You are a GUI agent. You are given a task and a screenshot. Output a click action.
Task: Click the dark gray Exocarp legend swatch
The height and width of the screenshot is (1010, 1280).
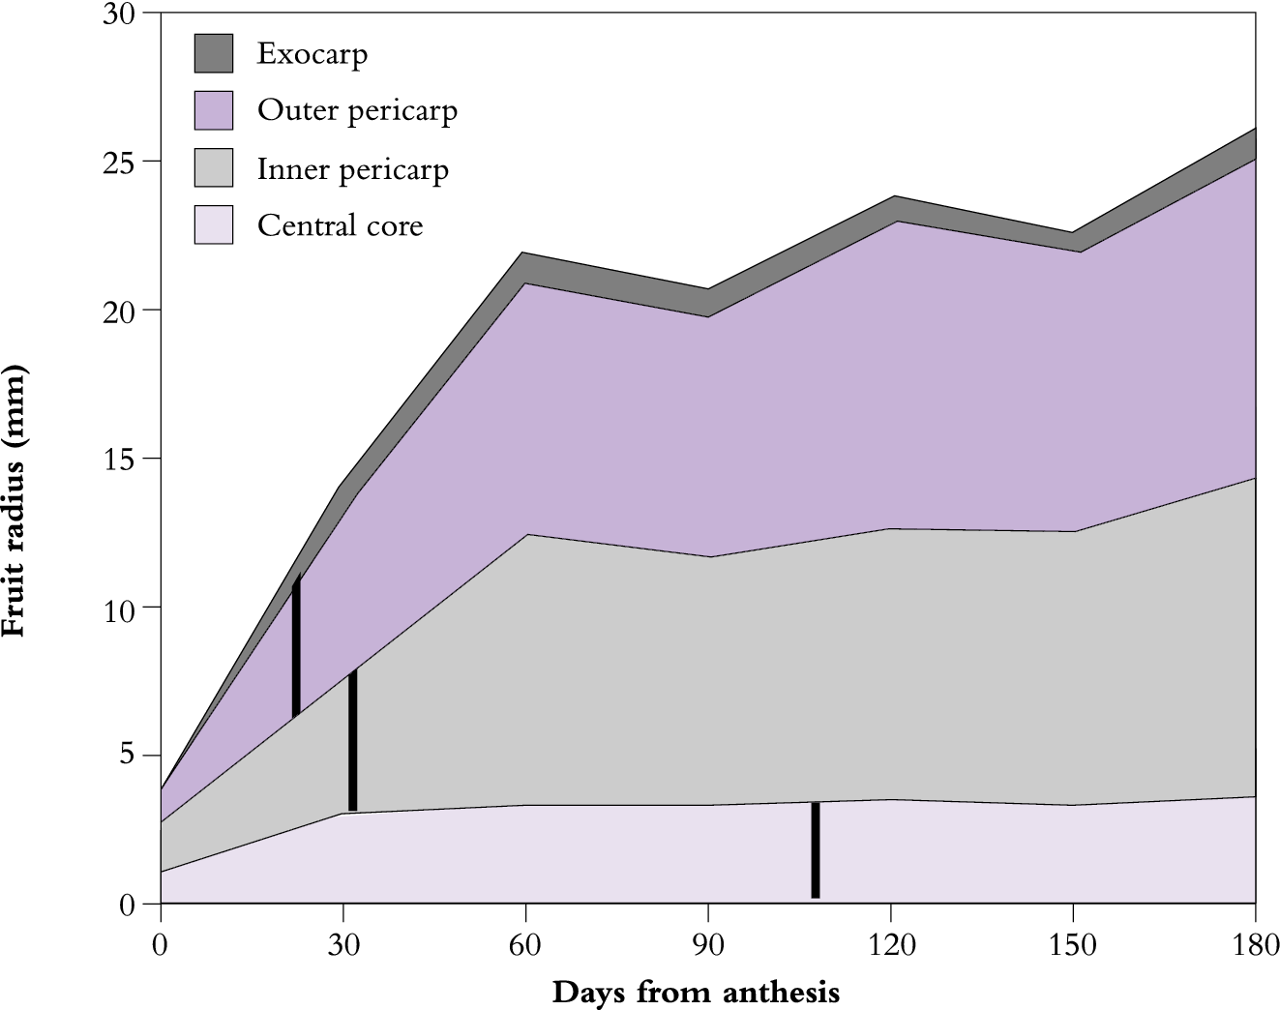pyautogui.click(x=214, y=53)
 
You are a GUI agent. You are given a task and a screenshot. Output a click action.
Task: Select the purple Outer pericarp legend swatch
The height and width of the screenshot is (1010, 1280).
pyautogui.click(x=214, y=110)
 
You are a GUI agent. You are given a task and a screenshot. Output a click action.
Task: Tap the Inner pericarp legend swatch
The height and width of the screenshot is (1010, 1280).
pyautogui.click(x=214, y=167)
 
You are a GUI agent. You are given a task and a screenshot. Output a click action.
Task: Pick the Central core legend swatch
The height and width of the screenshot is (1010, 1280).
pyautogui.click(x=214, y=224)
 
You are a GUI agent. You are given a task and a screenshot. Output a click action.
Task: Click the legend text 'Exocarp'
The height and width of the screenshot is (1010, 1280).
pyautogui.click(x=312, y=54)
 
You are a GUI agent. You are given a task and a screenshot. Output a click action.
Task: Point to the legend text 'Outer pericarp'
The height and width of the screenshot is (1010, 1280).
pyautogui.click(x=357, y=112)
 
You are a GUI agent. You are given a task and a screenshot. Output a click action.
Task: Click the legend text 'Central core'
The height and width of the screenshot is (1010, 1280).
pyautogui.click(x=340, y=226)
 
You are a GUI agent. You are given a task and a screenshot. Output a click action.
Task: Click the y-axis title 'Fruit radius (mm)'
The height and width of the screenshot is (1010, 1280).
pyautogui.click(x=15, y=500)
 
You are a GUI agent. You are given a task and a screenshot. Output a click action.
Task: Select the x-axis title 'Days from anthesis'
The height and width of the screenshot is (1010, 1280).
pyautogui.click(x=696, y=992)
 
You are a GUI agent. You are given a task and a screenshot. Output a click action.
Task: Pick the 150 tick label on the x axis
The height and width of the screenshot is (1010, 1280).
pyautogui.click(x=1073, y=944)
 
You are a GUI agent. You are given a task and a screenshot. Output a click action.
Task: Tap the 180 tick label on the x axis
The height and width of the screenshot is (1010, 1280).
pyautogui.click(x=1255, y=944)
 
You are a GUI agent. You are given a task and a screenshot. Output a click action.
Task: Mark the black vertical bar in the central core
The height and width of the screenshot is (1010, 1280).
pyautogui.click(x=816, y=849)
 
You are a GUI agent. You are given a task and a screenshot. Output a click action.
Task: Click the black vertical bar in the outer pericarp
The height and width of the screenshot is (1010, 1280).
pyautogui.click(x=296, y=646)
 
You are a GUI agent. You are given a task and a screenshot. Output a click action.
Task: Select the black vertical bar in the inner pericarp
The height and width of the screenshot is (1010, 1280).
pyautogui.click(x=353, y=740)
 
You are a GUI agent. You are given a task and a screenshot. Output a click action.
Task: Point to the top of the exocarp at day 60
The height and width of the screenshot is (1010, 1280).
pyautogui.click(x=525, y=253)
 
